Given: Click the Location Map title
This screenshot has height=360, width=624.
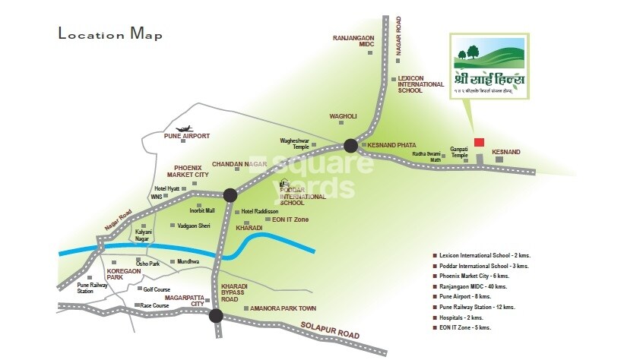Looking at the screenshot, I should (x=110, y=33).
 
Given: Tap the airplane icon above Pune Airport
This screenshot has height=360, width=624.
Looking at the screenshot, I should (x=182, y=128).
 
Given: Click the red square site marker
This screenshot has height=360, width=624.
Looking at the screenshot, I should (x=479, y=142).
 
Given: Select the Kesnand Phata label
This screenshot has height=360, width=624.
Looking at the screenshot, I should (x=388, y=144).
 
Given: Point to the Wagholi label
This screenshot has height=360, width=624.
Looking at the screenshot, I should (x=342, y=116).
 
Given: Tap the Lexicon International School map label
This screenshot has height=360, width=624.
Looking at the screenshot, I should (x=420, y=84).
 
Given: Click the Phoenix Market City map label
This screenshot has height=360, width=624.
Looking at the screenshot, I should (x=191, y=171).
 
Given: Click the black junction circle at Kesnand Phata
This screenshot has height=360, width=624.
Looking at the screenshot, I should (x=350, y=145).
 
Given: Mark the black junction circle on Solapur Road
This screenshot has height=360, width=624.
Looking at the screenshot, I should (x=216, y=317).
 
